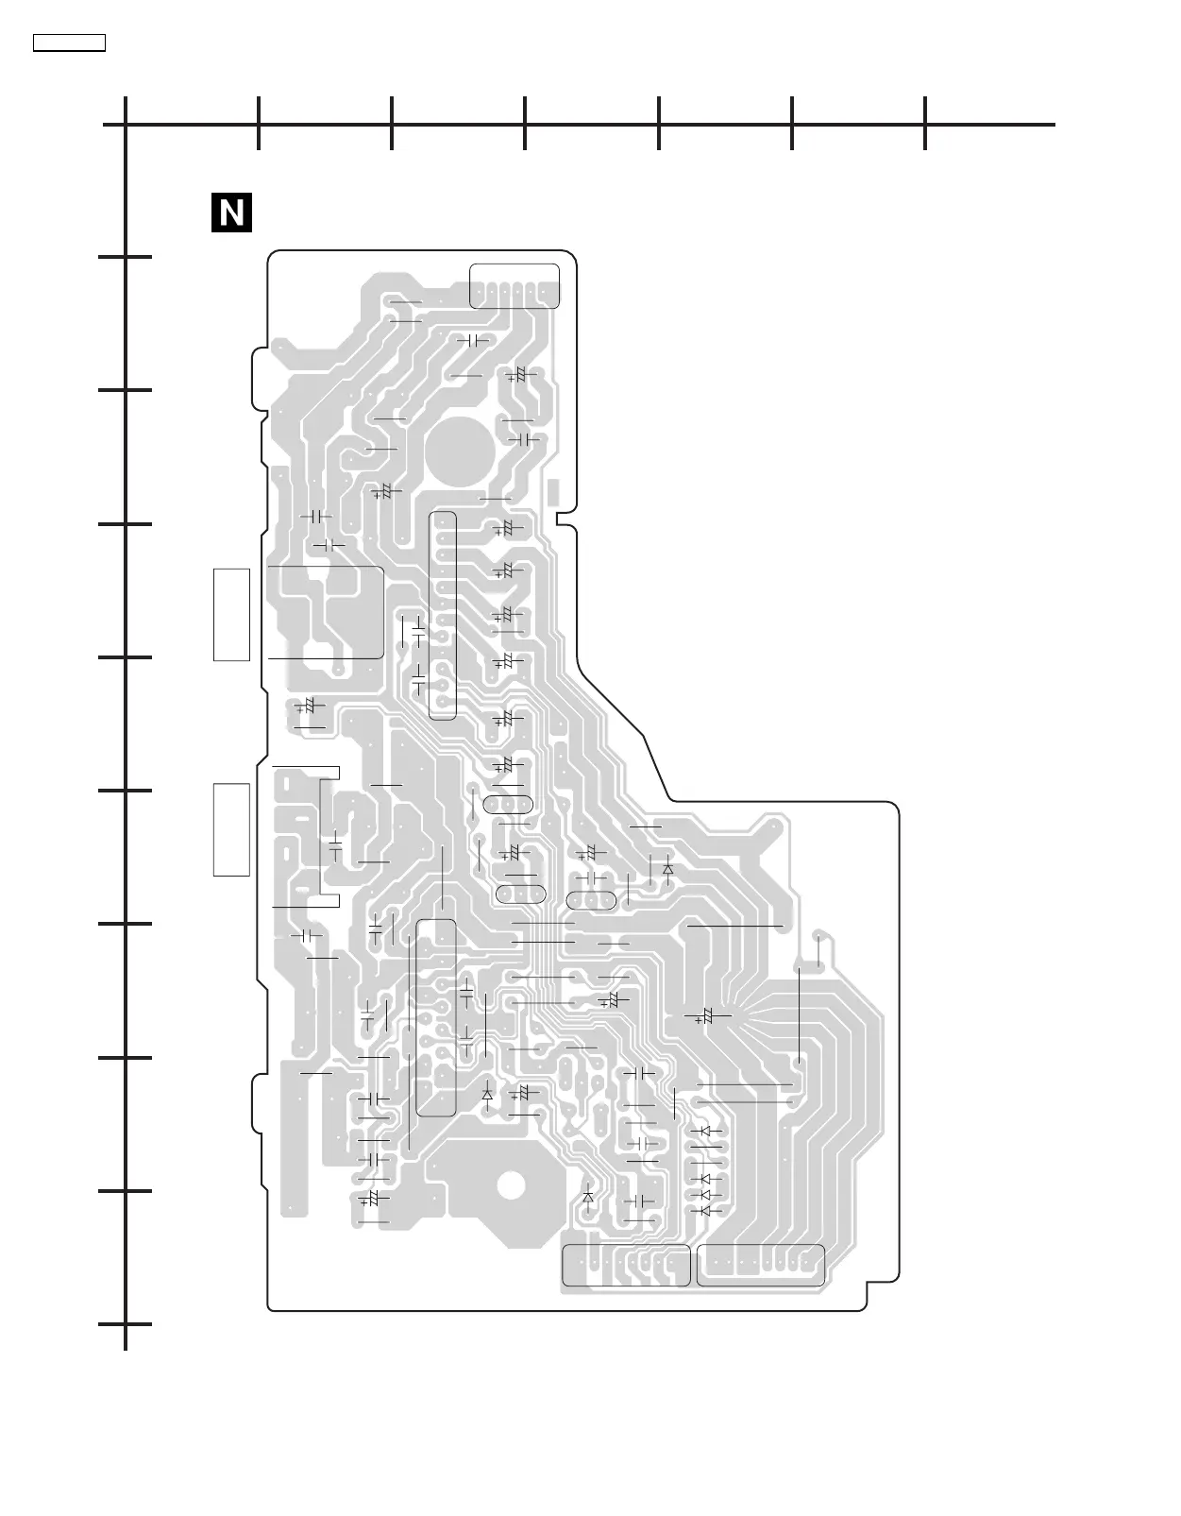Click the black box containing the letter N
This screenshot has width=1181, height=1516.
click(231, 213)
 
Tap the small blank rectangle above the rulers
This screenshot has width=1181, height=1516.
click(69, 43)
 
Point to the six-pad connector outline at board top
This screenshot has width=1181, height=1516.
click(515, 285)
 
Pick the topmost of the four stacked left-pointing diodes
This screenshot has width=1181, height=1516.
click(705, 1131)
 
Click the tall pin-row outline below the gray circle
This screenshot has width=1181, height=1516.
click(442, 615)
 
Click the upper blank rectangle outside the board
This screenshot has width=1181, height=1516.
click(231, 614)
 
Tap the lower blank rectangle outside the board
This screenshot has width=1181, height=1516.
click(231, 829)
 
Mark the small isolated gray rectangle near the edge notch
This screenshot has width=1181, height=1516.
click(552, 491)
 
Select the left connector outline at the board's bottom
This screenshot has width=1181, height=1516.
click(626, 1266)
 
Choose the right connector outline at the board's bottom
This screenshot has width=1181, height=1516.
click(760, 1266)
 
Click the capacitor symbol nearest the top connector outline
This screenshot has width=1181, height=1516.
click(474, 340)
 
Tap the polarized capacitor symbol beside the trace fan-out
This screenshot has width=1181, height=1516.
click(705, 1016)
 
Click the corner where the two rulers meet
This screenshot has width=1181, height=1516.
click(126, 124)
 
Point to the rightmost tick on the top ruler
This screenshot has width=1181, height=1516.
click(925, 124)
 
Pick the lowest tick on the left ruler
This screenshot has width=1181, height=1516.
click(126, 1324)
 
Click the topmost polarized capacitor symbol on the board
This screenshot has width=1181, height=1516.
click(515, 376)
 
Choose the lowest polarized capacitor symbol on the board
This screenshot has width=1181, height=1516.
click(371, 1199)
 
